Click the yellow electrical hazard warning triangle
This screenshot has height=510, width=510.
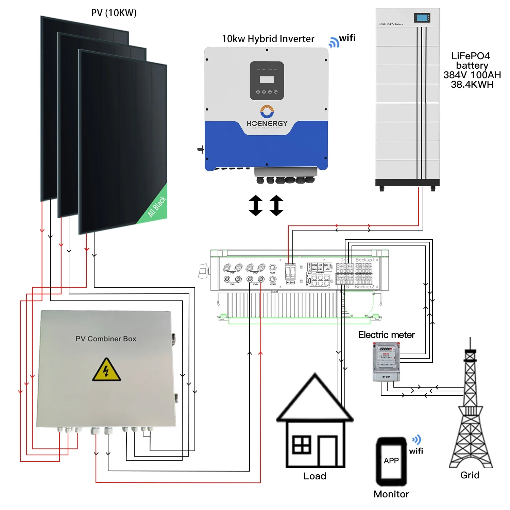click(106, 370)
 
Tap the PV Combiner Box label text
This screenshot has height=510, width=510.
click(106, 339)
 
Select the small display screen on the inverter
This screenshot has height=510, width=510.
click(267, 80)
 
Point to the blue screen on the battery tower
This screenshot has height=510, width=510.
click(422, 18)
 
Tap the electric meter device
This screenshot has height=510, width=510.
click(387, 361)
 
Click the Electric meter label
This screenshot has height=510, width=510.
click(386, 335)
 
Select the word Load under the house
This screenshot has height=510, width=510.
click(315, 476)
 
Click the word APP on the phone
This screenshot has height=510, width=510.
click(391, 461)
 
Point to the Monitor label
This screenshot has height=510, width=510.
click(391, 494)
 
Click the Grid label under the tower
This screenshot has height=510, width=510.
click(470, 475)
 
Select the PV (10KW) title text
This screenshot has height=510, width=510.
click(114, 13)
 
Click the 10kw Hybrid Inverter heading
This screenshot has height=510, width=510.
click(268, 39)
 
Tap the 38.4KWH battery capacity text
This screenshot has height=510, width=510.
click(472, 84)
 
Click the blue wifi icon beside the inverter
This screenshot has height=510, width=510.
click(334, 42)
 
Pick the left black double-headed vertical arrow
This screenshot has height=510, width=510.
click(256, 206)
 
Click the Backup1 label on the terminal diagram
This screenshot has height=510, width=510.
click(364, 260)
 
